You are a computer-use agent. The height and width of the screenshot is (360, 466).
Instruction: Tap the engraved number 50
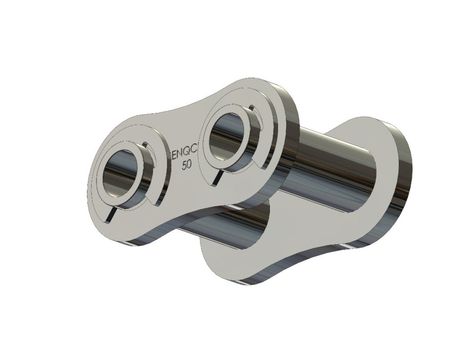point(187,165)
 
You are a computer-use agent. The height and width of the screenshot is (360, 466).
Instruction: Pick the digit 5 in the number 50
point(184,165)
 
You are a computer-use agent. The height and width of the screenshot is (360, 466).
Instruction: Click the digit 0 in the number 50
point(189,165)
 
